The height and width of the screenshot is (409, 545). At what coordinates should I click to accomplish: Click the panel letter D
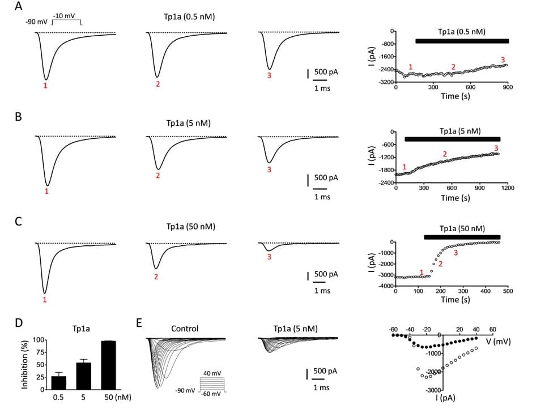[x=19, y=323]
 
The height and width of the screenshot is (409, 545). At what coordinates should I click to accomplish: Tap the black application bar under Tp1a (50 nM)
[x=462, y=237]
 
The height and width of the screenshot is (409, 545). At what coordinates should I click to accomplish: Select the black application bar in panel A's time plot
[x=462, y=41]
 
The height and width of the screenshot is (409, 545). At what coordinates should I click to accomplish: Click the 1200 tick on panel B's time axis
[x=507, y=188]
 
